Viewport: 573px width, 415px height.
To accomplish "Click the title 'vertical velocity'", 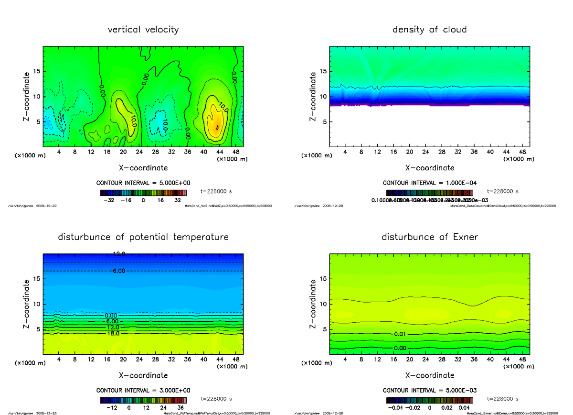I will pos(143,30).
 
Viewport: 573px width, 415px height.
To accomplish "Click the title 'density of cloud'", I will pos(429,30).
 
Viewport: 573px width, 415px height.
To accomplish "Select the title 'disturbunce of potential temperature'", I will pos(143,237).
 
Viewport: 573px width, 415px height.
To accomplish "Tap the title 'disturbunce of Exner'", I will pos(429,237).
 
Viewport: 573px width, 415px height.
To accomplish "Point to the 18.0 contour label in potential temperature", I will pos(113,333).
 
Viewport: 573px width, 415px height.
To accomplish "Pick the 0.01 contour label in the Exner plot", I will pos(401,333).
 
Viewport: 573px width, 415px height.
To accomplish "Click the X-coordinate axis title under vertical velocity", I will pos(143,168).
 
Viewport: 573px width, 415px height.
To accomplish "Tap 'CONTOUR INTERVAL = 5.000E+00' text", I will pos(143,183).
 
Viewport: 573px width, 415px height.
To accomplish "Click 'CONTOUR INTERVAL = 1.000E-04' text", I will pos(429,183).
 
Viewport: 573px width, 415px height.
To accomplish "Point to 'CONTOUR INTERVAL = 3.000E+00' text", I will pos(143,390).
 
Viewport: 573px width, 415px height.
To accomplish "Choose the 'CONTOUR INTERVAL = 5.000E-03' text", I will pos(429,390).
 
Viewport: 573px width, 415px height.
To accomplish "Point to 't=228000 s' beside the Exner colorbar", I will pos(503,398).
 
